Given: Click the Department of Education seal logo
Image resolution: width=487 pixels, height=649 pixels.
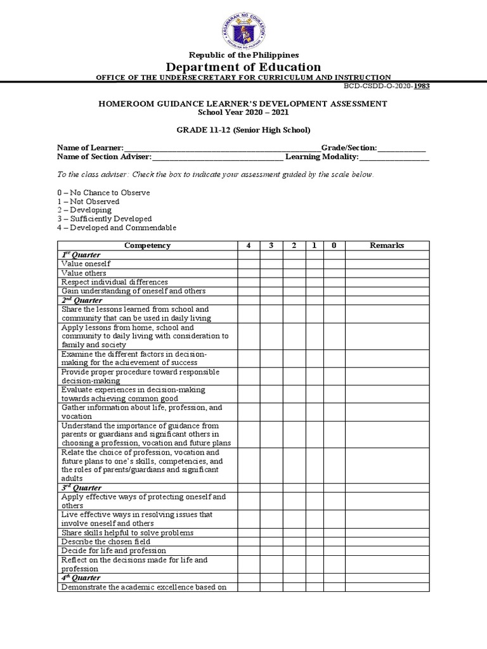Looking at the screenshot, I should pos(243,29).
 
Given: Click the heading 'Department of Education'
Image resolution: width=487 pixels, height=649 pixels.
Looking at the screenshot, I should pos(243,67).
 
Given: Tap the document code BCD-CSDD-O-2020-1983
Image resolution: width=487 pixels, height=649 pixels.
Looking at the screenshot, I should pos(386,86).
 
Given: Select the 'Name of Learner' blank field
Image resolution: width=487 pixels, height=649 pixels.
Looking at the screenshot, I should pos(222,148).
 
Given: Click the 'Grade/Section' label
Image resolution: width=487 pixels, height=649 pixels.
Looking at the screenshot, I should pos(348,148).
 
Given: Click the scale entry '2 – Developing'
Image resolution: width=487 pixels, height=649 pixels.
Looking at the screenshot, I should pos(84,210).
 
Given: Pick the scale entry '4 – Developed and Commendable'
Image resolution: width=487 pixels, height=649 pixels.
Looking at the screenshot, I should pos(117,228).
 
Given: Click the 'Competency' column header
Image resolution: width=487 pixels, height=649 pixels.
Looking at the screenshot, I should pos(147,245).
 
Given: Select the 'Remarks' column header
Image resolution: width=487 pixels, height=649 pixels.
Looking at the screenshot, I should pos(387,245).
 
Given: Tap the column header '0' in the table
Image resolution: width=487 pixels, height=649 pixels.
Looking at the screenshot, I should pos(334,245).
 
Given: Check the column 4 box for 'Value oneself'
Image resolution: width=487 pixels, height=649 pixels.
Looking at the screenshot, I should pos(249,264).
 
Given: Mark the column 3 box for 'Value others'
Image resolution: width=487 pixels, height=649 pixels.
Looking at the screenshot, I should pos(271,273).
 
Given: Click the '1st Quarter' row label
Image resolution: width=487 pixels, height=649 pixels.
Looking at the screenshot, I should pos(81,255).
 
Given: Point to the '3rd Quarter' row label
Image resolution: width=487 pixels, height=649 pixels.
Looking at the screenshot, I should pos(81,488).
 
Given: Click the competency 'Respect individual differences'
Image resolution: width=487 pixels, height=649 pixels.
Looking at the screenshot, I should pos(115,282).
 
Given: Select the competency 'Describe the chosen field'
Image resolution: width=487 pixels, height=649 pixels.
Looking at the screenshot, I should pos(107,542).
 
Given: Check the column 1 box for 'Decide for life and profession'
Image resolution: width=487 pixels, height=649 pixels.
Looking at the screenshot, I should pos(314,551).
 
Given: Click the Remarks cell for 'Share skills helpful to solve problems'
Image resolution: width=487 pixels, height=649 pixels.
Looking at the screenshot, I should pos(387,533).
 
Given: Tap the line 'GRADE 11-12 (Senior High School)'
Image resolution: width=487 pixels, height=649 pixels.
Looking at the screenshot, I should pos(243,130).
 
